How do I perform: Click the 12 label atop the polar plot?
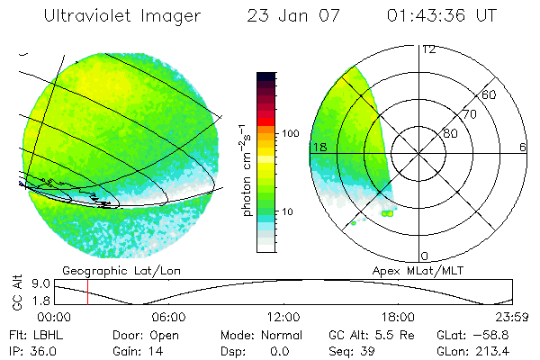[x=428, y=49]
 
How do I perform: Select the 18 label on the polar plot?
[x=318, y=147]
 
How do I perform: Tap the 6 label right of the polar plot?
[x=522, y=147]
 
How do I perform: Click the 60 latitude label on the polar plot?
[x=490, y=94]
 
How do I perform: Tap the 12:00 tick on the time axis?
[x=283, y=317]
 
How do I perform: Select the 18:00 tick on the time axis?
[x=398, y=317]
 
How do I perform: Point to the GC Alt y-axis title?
[x=15, y=292]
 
